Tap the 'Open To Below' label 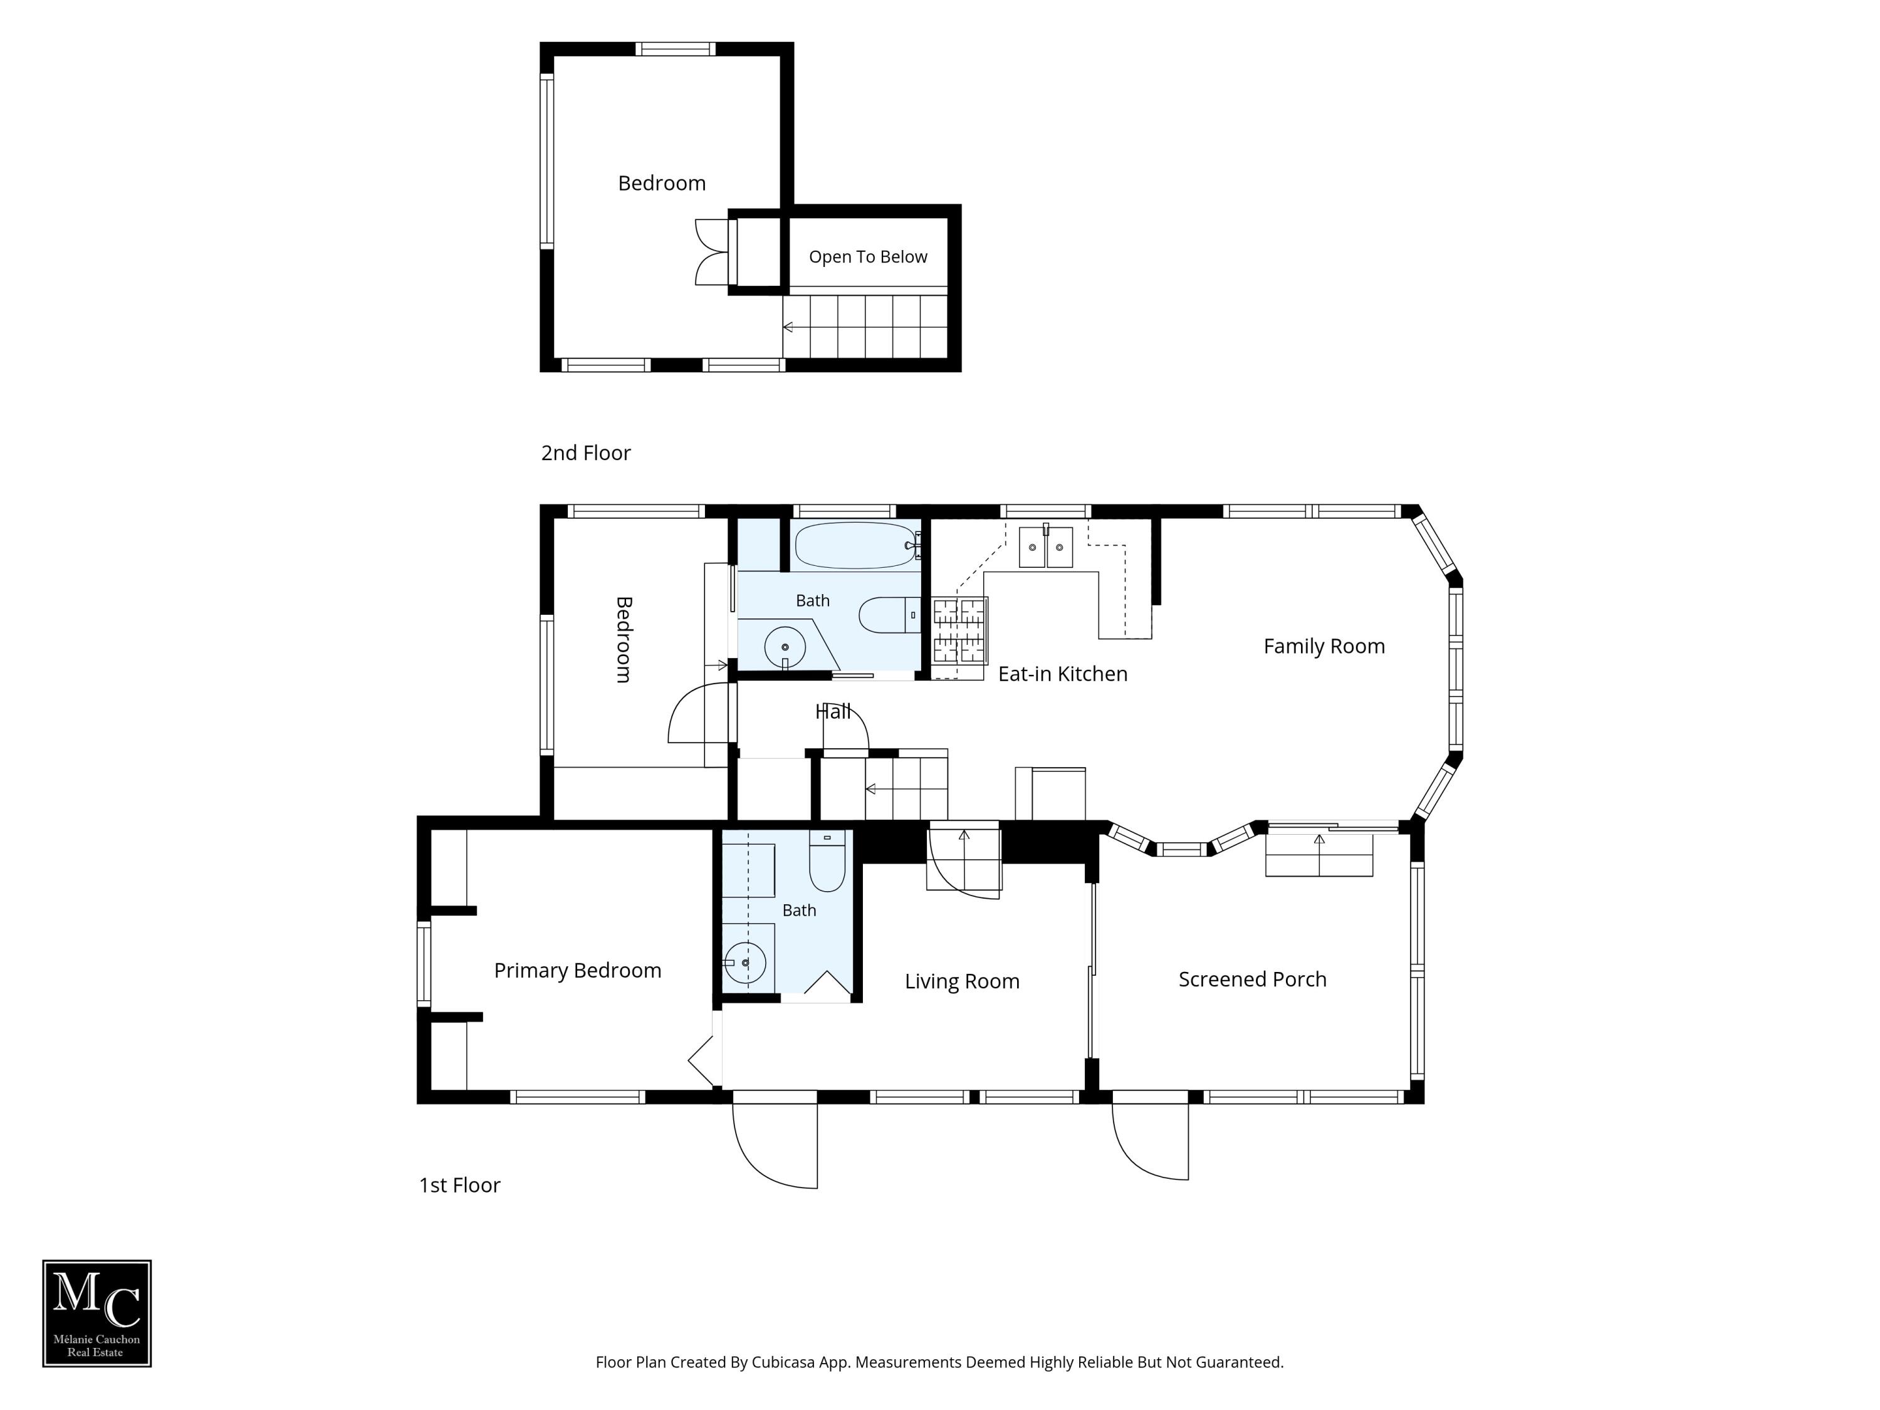[868, 257]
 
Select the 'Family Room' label [1324, 646]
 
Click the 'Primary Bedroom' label [577, 971]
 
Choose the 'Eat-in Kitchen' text [1062, 674]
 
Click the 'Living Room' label [962, 981]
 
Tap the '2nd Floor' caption [585, 453]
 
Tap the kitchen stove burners [959, 630]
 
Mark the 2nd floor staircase [865, 327]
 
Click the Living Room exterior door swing [775, 1146]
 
